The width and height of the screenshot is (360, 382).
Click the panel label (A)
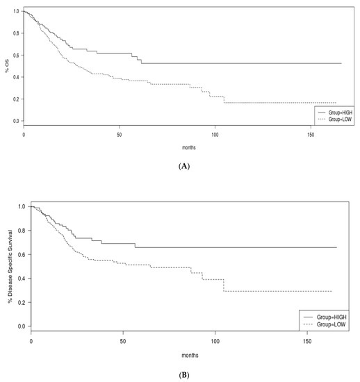click(x=184, y=167)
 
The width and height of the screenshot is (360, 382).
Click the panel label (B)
click(x=184, y=375)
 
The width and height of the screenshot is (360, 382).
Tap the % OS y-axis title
click(x=7, y=66)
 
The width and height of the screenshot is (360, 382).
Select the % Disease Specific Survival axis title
click(x=10, y=266)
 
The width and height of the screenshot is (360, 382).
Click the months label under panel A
click(x=189, y=148)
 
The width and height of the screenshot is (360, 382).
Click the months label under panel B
click(x=190, y=356)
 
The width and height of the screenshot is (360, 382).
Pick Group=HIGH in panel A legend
click(x=341, y=113)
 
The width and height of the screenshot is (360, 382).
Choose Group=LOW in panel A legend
click(x=340, y=119)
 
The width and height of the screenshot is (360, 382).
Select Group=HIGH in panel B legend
click(x=332, y=317)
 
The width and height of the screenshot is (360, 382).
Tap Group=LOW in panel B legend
click(x=331, y=324)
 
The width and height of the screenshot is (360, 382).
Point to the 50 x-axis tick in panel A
click(x=119, y=135)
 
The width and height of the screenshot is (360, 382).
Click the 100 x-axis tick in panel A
click(x=215, y=135)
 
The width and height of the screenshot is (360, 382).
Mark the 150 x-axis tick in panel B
click(x=307, y=341)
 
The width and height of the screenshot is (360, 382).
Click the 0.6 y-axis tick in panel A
click(x=16, y=56)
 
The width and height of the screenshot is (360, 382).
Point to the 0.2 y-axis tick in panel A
click(x=16, y=99)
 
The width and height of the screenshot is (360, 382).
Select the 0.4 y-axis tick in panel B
click(x=22, y=279)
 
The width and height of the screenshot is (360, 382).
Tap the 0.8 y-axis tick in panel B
click(x=22, y=231)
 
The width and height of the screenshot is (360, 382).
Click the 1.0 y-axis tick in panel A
click(x=16, y=11)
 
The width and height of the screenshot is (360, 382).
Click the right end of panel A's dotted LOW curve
click(x=336, y=103)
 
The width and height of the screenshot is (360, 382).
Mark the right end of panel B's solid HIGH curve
click(x=336, y=247)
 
